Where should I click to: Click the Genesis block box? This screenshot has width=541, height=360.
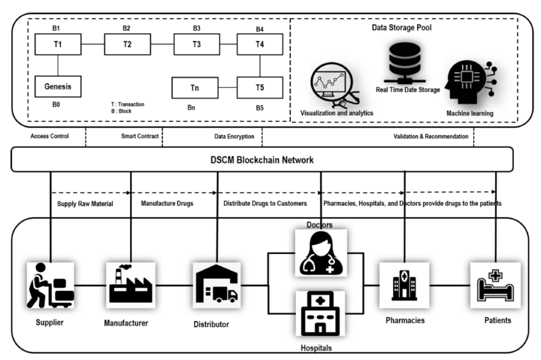click(58, 86)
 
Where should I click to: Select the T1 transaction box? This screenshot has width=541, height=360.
click(58, 44)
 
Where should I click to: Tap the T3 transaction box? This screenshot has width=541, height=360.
click(196, 44)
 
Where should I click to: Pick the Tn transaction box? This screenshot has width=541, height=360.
click(194, 87)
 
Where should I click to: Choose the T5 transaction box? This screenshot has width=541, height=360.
click(259, 87)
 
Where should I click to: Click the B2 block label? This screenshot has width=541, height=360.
click(126, 29)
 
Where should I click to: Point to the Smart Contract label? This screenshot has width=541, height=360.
click(138, 136)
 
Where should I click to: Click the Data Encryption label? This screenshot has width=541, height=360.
click(226, 136)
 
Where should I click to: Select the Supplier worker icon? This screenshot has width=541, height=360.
click(49, 284)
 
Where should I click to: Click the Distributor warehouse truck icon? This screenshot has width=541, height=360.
click(218, 284)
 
